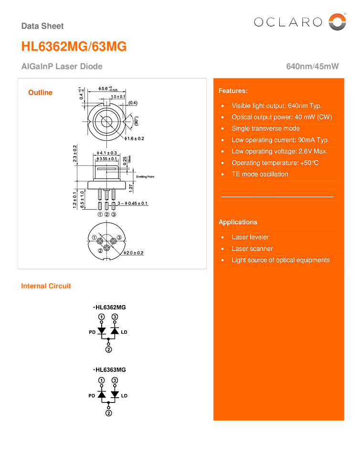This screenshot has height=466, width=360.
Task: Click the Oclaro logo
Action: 299,22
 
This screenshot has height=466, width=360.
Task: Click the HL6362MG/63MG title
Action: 74,46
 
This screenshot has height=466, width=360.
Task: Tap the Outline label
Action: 41,93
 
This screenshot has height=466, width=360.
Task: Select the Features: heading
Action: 233,91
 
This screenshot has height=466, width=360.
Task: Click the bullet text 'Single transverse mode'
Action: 265,128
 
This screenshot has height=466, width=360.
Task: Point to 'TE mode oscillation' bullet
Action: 260,174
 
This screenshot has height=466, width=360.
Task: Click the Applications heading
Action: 238,222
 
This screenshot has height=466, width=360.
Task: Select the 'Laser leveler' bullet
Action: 250,237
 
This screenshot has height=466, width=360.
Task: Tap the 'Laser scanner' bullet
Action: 252,249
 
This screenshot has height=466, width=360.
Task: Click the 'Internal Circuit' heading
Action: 46,286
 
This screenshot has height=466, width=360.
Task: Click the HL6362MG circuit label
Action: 110,307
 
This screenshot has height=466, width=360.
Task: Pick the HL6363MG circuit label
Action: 110,370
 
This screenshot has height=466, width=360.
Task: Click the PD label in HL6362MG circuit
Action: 92,332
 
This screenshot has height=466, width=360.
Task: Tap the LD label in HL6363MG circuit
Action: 124,396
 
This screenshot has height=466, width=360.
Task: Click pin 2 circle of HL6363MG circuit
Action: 108,413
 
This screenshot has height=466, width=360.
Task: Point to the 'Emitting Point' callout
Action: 145,177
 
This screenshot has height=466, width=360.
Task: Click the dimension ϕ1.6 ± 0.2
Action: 134,138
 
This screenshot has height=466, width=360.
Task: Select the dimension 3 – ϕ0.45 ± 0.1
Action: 132,203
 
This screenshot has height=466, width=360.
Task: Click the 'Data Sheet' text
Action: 42,26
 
